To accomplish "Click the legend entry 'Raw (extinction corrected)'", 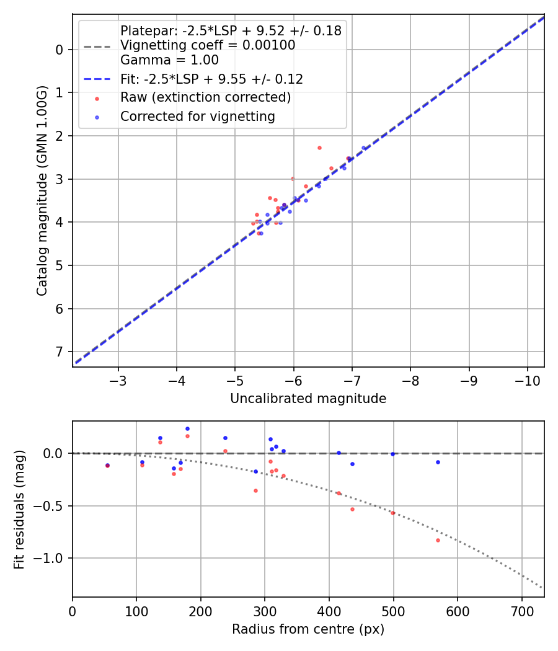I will pos(205,97).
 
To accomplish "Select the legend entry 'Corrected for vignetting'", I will pos(197,116).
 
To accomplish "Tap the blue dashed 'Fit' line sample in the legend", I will pos(97,79).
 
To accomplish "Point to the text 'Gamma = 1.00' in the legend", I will pos(169,60).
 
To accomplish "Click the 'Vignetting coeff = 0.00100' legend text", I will pos(208,45).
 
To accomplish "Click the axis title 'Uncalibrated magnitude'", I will pos(308,399).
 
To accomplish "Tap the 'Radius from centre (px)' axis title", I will pos(308,629).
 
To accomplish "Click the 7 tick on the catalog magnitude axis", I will pos(60,352).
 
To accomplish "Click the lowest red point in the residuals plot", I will pos(438,540).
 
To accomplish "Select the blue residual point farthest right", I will pos(438,462).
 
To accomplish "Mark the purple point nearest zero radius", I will pos(107,465).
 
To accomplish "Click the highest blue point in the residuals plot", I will pos(187,428).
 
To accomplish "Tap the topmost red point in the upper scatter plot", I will pos(319,148).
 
